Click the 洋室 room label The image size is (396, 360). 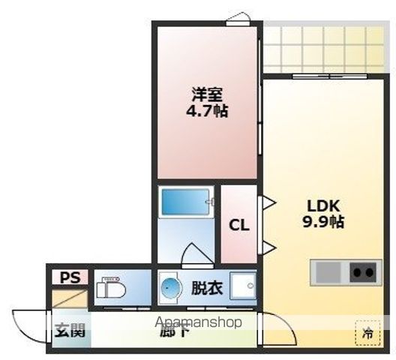[208, 94]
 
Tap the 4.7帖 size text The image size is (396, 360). [208, 111]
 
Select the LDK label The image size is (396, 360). [323, 205]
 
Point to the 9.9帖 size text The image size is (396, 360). [323, 222]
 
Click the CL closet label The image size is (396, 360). [239, 225]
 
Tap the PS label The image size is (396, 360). [69, 277]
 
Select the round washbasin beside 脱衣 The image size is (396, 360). [171, 287]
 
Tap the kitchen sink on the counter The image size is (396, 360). [328, 271]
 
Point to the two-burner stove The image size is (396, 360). [364, 271]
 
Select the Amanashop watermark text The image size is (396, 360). [198, 323]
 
